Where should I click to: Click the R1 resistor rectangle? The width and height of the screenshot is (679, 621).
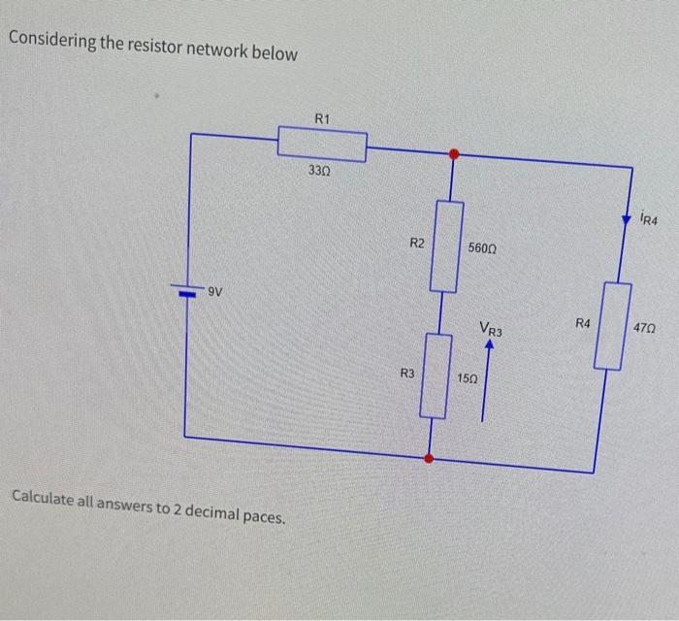click(x=322, y=146)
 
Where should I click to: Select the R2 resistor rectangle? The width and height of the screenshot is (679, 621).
click(x=446, y=245)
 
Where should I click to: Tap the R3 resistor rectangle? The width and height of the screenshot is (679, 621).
click(x=436, y=376)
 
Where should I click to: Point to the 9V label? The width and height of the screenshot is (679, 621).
click(x=215, y=290)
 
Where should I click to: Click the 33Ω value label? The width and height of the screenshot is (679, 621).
click(x=319, y=171)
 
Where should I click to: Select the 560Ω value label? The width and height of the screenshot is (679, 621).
click(x=482, y=248)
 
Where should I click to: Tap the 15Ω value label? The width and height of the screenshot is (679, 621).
click(x=467, y=376)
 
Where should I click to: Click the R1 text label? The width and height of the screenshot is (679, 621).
click(x=323, y=118)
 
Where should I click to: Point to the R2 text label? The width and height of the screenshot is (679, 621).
click(x=416, y=243)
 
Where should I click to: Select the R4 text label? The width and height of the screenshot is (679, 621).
click(x=582, y=322)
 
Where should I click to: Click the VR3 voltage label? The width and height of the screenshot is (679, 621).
click(x=491, y=331)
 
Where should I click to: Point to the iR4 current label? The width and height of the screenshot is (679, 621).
click(x=649, y=220)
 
